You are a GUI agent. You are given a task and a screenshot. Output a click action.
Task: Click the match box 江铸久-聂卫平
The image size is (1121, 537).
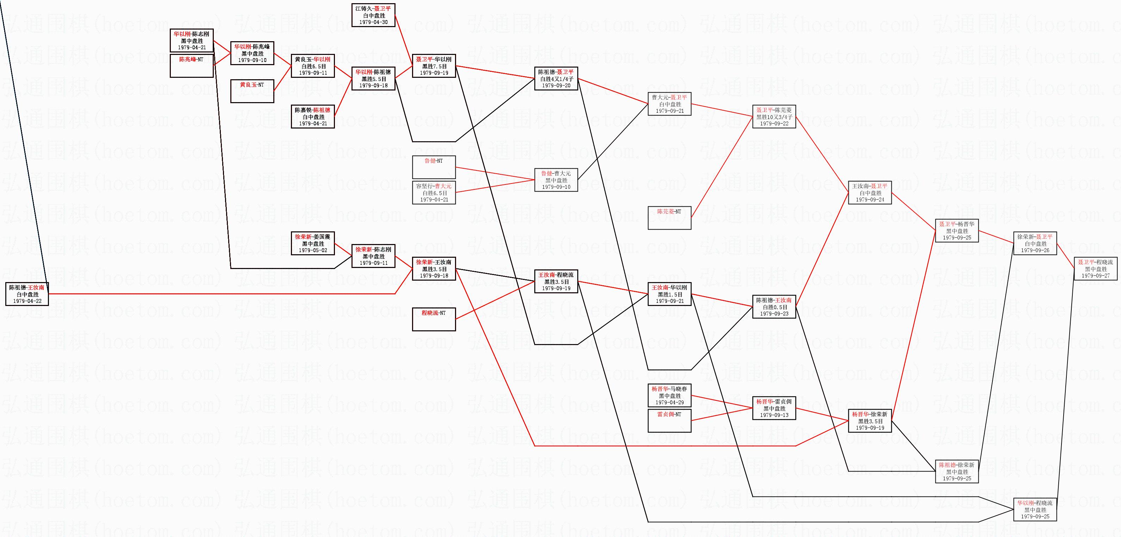pos(373,15)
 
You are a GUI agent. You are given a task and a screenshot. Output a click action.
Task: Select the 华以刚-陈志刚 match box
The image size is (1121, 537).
pos(192,40)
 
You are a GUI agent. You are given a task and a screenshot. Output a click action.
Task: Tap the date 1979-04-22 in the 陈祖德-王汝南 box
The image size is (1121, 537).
pos(27,301)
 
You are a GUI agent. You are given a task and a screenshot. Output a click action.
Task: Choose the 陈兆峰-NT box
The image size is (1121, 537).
pos(192,65)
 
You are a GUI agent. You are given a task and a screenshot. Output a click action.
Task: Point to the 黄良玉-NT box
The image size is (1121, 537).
pos(252,91)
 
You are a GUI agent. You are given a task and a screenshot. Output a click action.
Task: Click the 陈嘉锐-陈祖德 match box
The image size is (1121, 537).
pos(312,117)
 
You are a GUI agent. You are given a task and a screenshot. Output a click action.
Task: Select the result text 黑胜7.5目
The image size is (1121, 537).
pos(434,66)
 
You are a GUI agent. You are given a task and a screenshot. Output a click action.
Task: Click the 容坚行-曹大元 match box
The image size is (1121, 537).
pos(434,192)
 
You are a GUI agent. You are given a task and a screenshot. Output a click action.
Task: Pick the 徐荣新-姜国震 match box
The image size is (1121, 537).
pos(312,243)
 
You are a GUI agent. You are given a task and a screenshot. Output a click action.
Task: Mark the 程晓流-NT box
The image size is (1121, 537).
pos(434,319)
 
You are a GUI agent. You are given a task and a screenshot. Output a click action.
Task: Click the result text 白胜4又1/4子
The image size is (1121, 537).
pos(556,79)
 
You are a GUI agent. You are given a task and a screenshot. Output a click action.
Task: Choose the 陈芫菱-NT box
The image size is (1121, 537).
pos(669,218)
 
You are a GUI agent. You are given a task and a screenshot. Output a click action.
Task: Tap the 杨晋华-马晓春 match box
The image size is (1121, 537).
pos(669,395)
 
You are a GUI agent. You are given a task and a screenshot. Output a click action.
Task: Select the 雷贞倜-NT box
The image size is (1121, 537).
pos(669,420)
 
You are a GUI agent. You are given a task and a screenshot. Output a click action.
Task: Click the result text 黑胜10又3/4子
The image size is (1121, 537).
pos(774,117)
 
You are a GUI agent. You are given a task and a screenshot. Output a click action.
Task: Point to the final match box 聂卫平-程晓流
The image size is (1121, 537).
pos(1095,268)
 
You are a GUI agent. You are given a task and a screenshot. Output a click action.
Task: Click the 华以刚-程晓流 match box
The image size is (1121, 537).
pos(1035,509)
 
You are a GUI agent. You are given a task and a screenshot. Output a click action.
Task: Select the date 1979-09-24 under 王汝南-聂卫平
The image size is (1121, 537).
pos(870,199)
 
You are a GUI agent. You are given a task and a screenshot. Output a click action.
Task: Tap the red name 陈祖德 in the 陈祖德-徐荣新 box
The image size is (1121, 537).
pos(947,465)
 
